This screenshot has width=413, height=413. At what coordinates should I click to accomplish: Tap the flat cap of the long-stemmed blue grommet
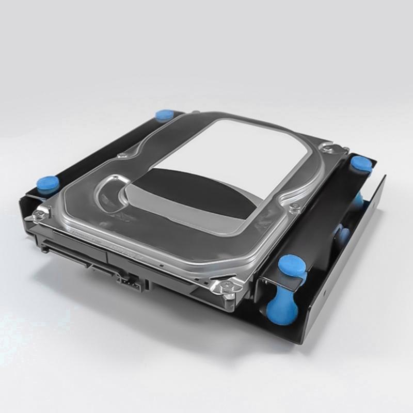click(292, 266)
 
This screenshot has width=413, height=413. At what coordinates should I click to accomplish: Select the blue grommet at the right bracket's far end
click(361, 164)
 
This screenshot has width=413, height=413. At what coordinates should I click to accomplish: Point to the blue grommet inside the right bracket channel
click(343, 235)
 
